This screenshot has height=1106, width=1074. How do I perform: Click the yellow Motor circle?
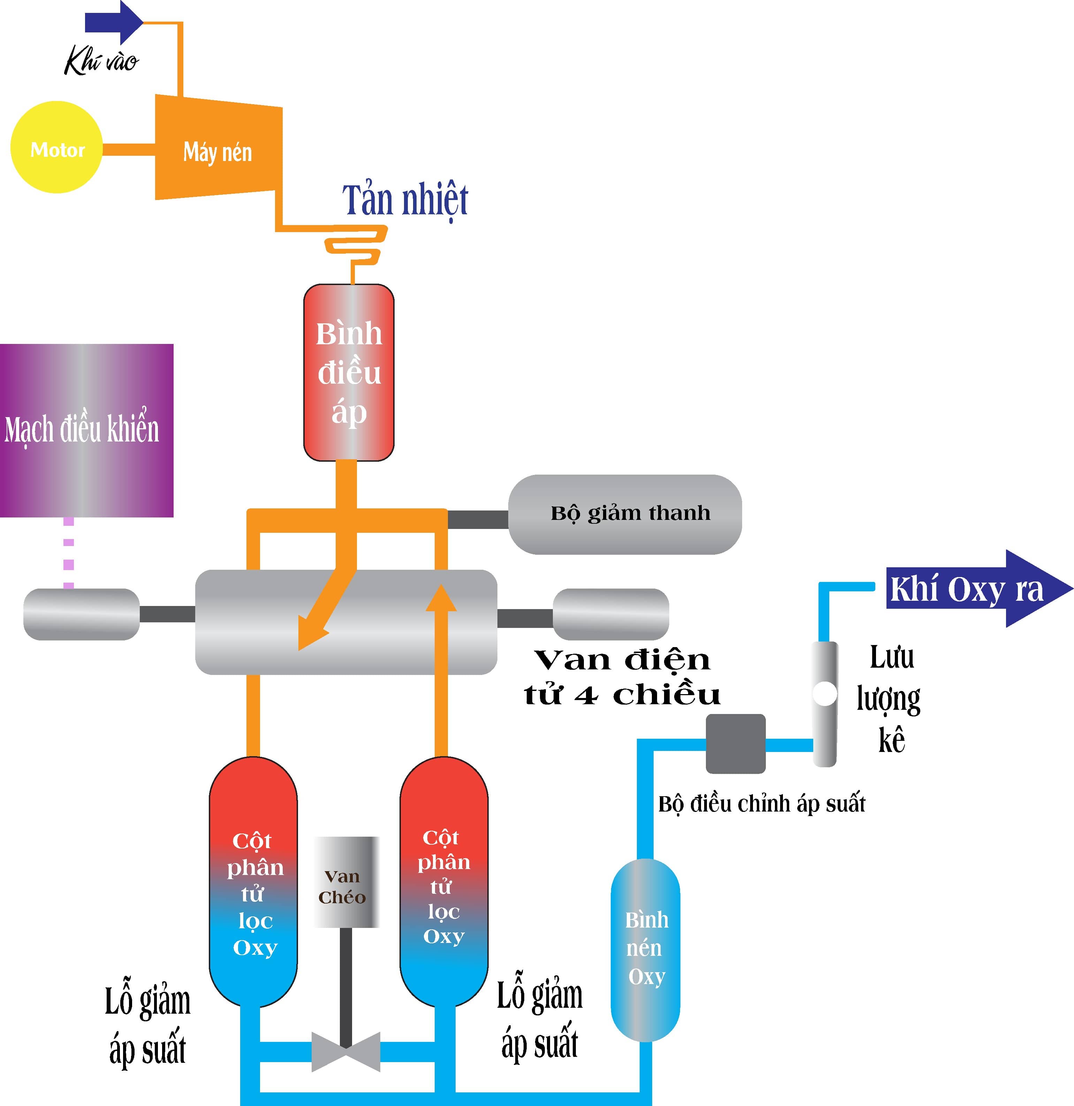(x=56, y=147)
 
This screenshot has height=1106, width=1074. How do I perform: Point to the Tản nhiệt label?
(x=405, y=200)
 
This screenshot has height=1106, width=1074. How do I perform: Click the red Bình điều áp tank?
(x=349, y=372)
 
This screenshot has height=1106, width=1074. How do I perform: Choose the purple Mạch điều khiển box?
(x=86, y=430)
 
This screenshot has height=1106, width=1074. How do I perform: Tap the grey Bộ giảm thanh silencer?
(x=625, y=514)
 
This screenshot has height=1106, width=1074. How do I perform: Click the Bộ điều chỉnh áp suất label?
(x=761, y=804)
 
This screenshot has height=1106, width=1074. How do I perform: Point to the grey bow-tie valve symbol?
(x=346, y=1051)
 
